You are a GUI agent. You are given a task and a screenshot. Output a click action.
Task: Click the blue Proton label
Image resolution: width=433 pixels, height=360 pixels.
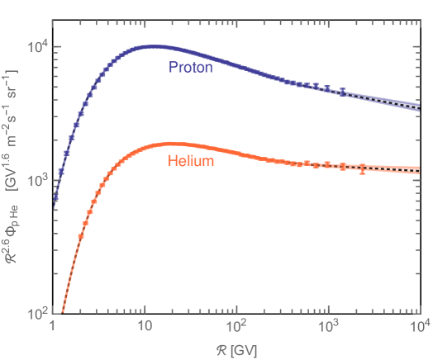click(x=191, y=67)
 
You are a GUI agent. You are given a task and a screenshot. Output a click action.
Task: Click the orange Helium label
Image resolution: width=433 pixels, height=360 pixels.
click(x=191, y=161)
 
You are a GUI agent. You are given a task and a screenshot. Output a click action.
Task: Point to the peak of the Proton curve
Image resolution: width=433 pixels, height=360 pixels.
click(x=150, y=46)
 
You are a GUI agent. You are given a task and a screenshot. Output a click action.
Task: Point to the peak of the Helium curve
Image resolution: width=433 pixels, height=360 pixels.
click(x=169, y=143)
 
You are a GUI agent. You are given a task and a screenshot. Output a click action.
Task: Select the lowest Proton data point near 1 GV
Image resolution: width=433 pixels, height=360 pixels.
click(x=55, y=198)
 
